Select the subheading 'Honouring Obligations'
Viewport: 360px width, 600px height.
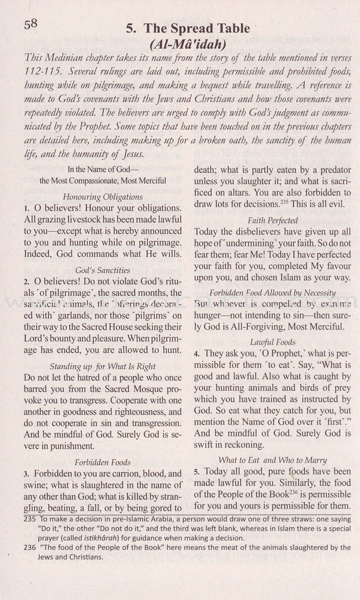pyautogui.click(x=103, y=197)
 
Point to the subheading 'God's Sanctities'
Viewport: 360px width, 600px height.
pyautogui.click(x=103, y=270)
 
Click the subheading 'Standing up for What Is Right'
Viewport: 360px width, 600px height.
pyautogui.click(x=103, y=366)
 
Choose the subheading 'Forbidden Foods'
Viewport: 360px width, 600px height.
pyautogui.click(x=103, y=462)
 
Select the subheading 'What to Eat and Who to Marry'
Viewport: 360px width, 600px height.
pyautogui.click(x=273, y=460)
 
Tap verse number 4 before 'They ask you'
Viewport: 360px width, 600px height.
pyautogui.click(x=197, y=354)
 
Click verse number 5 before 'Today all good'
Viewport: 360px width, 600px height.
pyautogui.click(x=197, y=472)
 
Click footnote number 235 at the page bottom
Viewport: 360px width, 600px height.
pyautogui.click(x=29, y=519)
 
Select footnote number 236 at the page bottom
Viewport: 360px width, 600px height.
pyautogui.click(x=29, y=547)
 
